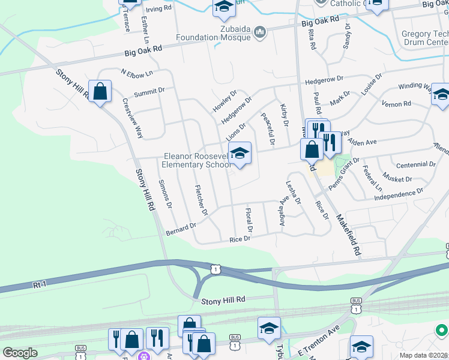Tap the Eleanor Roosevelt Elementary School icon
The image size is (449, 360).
[x=240, y=154]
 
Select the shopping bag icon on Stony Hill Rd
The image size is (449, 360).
[x=100, y=92]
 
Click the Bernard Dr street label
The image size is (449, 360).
[x=181, y=229]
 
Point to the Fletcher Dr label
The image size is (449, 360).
[x=201, y=200]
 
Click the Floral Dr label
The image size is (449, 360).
[x=249, y=221]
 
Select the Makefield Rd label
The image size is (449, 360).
[x=348, y=233]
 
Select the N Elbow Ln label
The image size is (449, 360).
[x=137, y=73]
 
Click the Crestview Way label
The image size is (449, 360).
[x=133, y=118]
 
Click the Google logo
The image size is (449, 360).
[x=20, y=353]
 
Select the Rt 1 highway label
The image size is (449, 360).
[x=40, y=285]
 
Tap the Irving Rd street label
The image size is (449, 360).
[x=158, y=9]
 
